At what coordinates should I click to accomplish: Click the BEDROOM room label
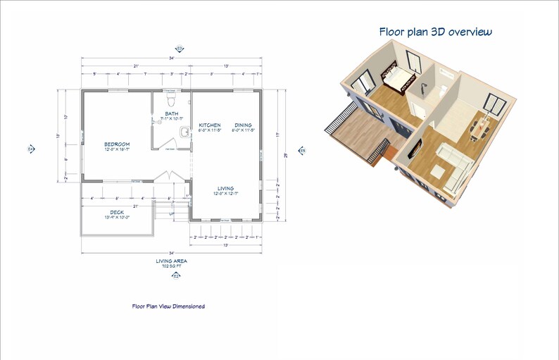point(117,144)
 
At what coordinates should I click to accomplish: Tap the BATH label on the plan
point(171,113)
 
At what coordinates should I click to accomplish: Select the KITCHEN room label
point(210,125)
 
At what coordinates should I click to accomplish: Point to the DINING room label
point(243,125)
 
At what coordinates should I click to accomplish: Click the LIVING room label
point(225,188)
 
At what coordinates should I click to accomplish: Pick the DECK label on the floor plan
point(117,212)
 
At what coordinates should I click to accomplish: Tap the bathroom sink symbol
point(184,132)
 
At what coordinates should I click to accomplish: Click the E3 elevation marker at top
point(180,48)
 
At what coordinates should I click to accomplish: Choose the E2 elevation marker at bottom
point(176,276)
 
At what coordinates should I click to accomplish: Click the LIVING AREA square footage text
point(171,263)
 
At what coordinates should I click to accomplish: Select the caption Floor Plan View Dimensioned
point(168,306)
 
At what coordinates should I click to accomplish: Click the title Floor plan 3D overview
point(435,32)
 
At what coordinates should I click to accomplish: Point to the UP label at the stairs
point(171,213)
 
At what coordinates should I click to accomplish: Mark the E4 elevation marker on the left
point(30,149)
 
